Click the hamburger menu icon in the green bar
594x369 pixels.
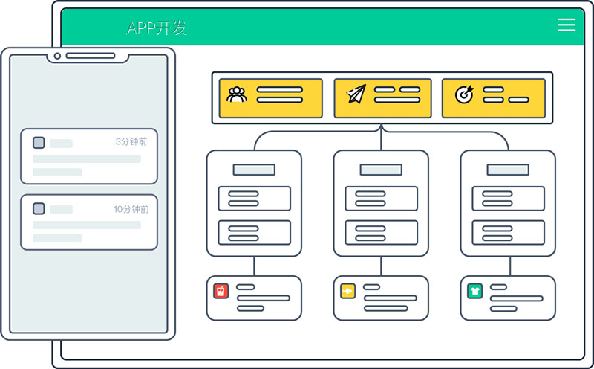coord(567,25)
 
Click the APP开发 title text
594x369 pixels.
coord(157,28)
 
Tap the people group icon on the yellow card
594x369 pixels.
coord(237,94)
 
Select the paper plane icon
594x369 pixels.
coord(356,94)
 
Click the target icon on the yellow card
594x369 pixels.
coord(464,94)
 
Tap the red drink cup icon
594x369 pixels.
coord(221,291)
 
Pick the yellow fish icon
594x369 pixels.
coord(347,291)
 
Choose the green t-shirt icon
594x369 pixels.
coord(474,291)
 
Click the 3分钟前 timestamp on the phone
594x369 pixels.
coord(131,141)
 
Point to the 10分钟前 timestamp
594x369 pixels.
coord(131,209)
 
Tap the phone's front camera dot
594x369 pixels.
coord(57,56)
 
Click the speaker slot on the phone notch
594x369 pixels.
coord(90,56)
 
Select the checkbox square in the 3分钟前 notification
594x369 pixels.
coord(39,143)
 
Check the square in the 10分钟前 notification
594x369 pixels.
coord(39,209)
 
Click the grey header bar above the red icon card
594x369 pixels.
coord(254,170)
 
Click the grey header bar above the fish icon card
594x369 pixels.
coord(381,170)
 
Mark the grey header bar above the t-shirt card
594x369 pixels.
coord(508,170)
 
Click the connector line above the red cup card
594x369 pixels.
coord(254,266)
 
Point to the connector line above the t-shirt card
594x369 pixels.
coord(508,266)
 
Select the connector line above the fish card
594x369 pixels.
coord(381,266)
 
